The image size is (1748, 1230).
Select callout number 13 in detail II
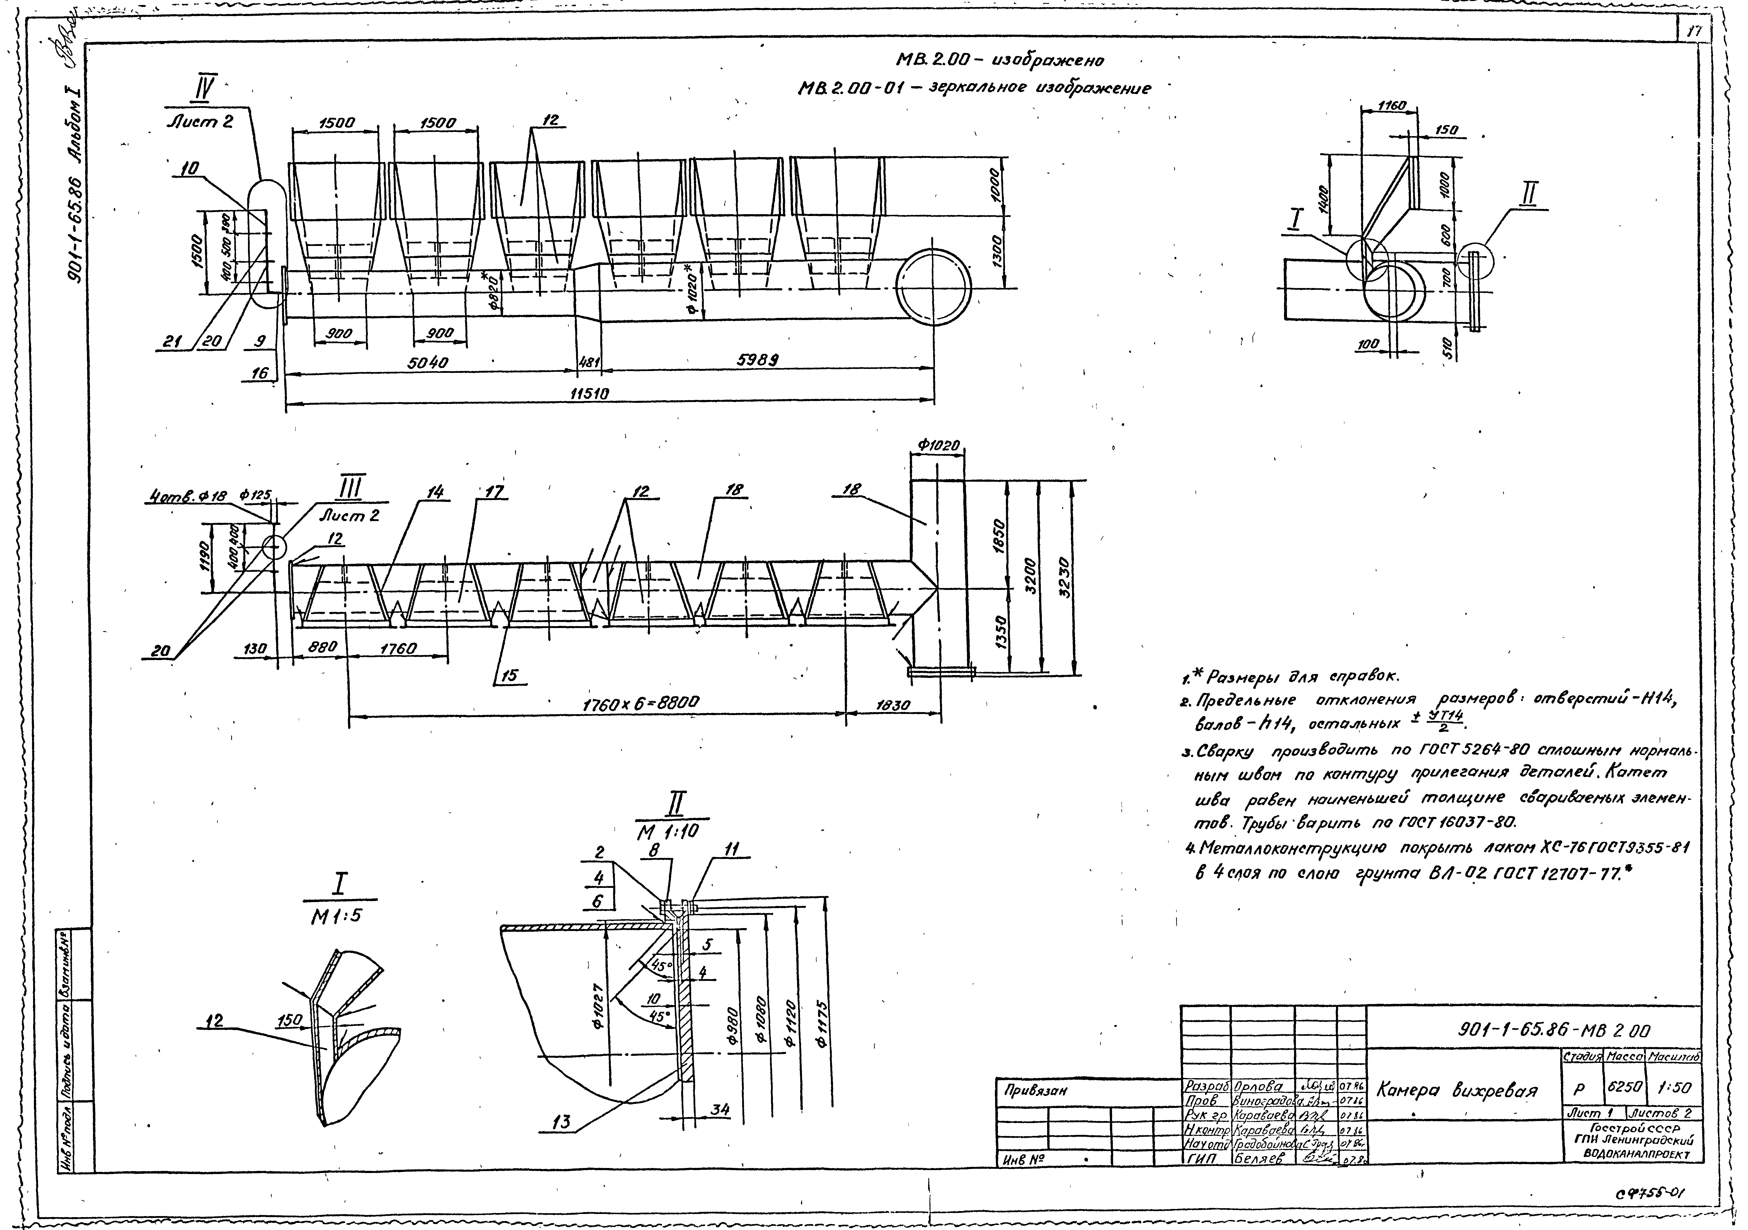pos(562,1123)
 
